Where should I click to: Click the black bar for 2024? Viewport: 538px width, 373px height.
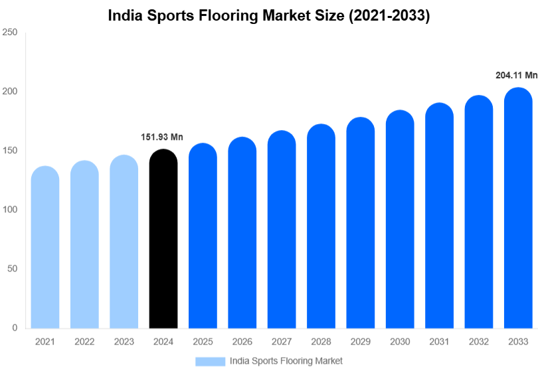163,239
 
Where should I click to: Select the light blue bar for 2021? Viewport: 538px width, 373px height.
45,248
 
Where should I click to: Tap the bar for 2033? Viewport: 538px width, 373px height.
518,208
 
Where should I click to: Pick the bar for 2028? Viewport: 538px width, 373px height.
321,226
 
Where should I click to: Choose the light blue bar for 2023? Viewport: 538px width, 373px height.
124,242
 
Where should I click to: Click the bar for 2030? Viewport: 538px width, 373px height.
400,220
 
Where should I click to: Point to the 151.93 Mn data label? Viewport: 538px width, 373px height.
161,137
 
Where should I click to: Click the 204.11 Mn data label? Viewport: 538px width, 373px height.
516,76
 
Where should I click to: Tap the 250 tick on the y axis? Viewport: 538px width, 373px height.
9,32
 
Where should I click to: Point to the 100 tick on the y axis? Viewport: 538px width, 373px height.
9,210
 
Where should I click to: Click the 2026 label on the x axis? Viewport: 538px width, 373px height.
242,342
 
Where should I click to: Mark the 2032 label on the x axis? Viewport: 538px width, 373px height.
478,342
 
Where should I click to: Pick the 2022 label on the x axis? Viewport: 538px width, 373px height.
84,342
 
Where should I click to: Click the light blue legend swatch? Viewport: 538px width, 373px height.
210,361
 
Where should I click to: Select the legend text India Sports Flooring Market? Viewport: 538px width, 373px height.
286,361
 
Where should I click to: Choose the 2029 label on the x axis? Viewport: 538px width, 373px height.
360,342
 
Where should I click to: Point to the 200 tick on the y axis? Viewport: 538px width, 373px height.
9,91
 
